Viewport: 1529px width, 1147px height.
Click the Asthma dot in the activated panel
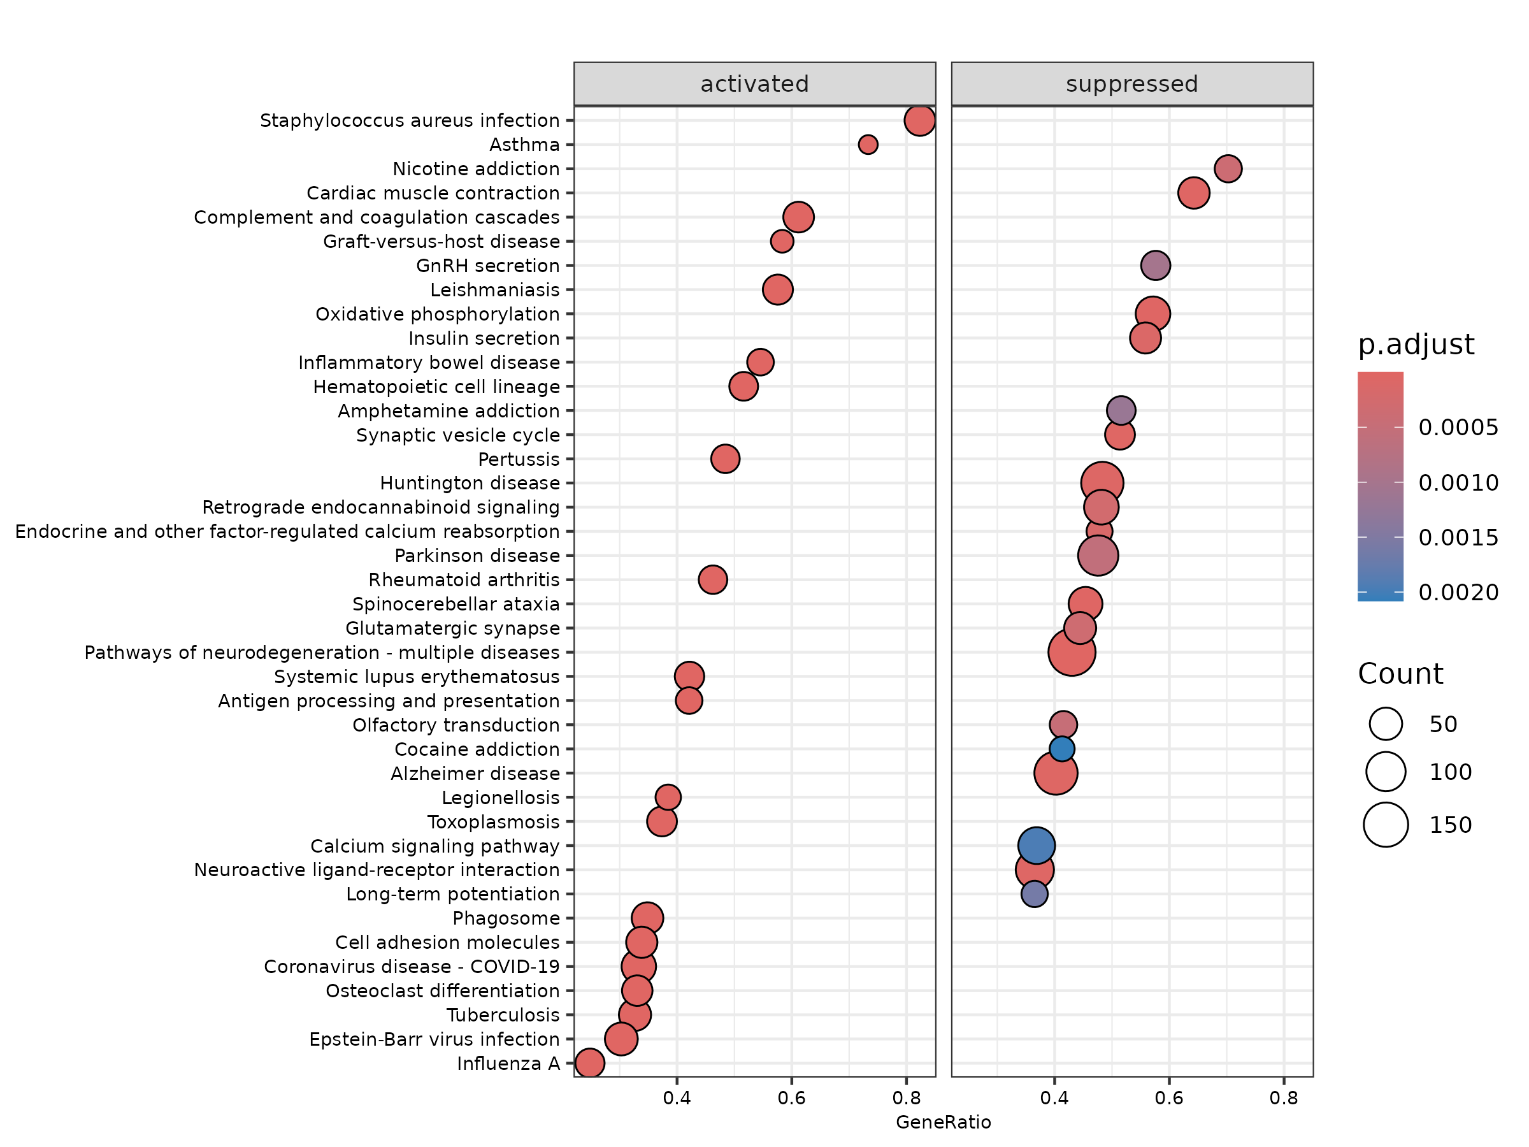[x=868, y=145]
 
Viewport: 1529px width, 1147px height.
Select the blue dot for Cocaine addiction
[x=1061, y=749]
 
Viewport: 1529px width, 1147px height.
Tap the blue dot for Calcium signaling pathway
[x=1035, y=845]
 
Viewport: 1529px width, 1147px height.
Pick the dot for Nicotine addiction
[x=1227, y=169]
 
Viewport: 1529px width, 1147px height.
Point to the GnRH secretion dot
[x=1155, y=266]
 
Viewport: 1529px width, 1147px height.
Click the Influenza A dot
[x=589, y=1063]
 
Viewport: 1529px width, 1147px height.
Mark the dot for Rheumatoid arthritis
[x=712, y=579]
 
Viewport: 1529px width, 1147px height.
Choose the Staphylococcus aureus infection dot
[x=919, y=120]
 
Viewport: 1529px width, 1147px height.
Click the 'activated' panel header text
[x=754, y=84]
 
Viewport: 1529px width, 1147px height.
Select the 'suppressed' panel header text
[x=1131, y=84]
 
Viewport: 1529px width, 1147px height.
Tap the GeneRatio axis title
[x=943, y=1122]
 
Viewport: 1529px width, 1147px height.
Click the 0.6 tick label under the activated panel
[x=791, y=1098]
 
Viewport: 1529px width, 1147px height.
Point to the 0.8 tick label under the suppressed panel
[x=1283, y=1098]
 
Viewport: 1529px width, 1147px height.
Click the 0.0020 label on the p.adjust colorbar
[x=1458, y=593]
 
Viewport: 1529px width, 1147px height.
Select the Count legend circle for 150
[x=1385, y=825]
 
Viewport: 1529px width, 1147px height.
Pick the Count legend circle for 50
[x=1385, y=724]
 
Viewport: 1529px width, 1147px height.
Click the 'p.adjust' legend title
[x=1416, y=344]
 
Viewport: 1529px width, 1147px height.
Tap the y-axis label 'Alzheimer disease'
[x=475, y=774]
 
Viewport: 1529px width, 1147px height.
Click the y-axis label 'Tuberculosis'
[x=503, y=1015]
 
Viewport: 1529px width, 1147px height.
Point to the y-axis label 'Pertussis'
[x=519, y=459]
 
